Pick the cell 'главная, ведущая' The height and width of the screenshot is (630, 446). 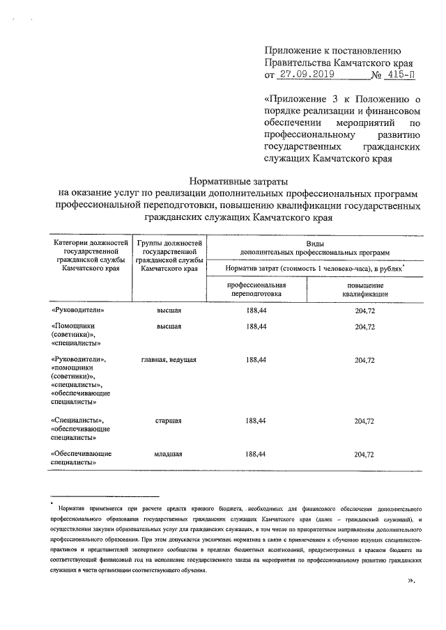168,360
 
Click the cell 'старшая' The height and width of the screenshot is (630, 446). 168,420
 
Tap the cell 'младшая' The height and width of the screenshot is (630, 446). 168,454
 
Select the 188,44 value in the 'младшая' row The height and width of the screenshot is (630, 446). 256,454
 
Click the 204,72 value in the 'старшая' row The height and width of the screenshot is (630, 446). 364,420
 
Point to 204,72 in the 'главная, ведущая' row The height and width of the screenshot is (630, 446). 364,360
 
